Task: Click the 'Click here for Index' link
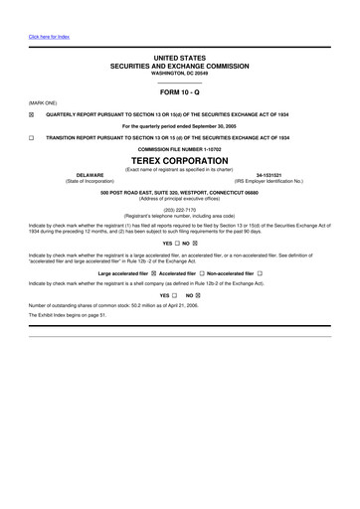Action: (x=49, y=38)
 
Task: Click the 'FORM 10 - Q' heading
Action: (x=180, y=91)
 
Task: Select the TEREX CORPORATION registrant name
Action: (x=180, y=160)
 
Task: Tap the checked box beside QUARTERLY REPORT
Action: (x=32, y=114)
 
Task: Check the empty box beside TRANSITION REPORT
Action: (x=32, y=137)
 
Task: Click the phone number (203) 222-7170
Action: (x=180, y=210)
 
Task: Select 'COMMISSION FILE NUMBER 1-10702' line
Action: (x=180, y=149)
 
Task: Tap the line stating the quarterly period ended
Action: (x=180, y=126)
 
